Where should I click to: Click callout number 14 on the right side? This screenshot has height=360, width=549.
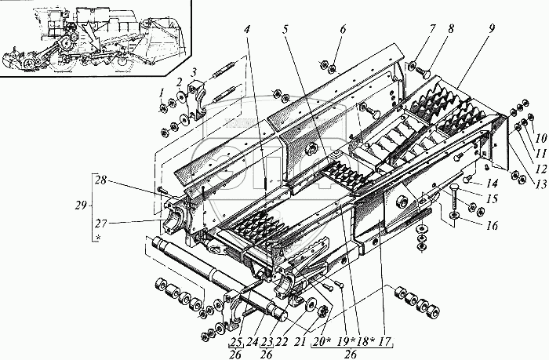[x=492, y=182]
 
